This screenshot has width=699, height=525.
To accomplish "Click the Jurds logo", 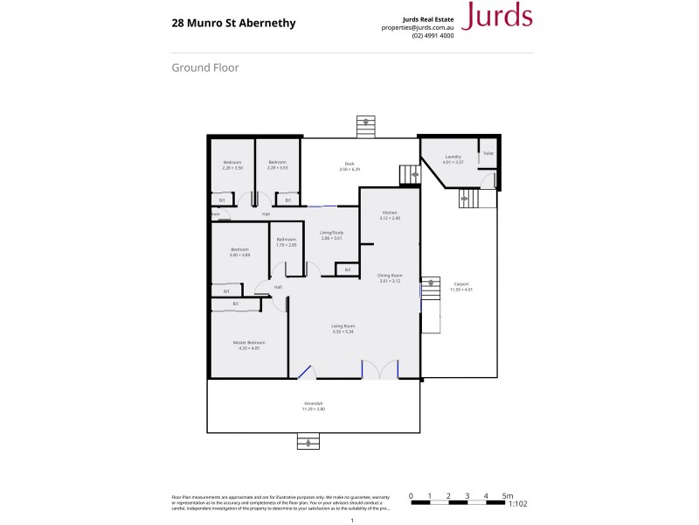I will tap(496, 16).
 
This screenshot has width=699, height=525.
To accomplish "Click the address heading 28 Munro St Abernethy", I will tap(233, 24).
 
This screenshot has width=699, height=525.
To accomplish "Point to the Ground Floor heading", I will tap(205, 67).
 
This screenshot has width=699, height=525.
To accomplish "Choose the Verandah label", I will tap(313, 406).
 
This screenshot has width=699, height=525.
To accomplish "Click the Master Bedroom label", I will tap(249, 344).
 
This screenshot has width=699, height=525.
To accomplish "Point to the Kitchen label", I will tap(391, 213).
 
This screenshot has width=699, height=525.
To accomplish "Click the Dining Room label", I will tap(390, 276).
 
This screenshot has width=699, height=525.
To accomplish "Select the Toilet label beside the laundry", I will tap(488, 153).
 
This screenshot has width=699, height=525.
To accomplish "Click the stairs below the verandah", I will tap(308, 443).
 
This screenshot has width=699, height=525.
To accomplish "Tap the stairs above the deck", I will tap(365, 125).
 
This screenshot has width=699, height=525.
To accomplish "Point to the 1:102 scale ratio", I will tap(518, 504).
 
